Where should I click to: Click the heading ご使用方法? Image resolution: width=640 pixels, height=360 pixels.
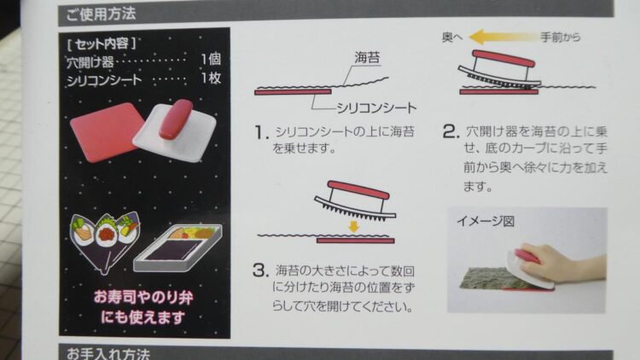[x=101, y=14]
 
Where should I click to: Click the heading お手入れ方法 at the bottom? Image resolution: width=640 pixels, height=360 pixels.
[x=108, y=353]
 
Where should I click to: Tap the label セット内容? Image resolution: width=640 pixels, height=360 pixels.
[x=102, y=44]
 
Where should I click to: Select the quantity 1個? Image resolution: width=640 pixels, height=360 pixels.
[x=211, y=59]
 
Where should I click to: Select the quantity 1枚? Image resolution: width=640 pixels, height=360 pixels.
[x=211, y=78]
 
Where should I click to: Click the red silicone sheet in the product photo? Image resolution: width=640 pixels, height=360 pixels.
[x=106, y=131]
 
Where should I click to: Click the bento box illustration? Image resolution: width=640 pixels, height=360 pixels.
[x=178, y=247]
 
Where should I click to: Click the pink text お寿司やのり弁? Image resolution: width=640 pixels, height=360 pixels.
[x=143, y=297]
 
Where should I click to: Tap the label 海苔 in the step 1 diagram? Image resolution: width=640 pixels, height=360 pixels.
[x=367, y=57]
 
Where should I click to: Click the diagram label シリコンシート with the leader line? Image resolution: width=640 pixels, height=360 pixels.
[x=376, y=108]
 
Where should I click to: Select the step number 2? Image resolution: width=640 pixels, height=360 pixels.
[x=451, y=131]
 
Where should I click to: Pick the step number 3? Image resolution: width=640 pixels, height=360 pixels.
[x=261, y=270]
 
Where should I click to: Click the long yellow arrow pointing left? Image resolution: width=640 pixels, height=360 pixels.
[x=503, y=38]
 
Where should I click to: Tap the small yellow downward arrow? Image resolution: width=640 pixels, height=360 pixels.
[x=354, y=227]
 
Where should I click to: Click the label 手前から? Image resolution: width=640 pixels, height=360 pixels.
[x=561, y=38]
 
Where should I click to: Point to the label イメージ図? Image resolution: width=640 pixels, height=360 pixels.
[x=486, y=221]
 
